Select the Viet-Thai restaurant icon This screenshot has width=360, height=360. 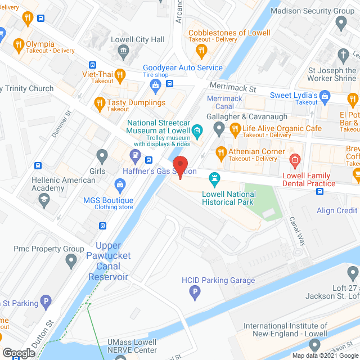click(x=120, y=74)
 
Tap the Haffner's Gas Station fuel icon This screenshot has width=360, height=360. click(x=135, y=155)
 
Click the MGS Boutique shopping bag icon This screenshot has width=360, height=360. click(x=120, y=184)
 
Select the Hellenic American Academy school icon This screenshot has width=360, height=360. click(x=43, y=199)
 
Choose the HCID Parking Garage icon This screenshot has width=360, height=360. click(x=195, y=291)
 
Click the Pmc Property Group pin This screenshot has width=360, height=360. click(x=71, y=260)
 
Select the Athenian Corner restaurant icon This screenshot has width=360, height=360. click(x=221, y=152)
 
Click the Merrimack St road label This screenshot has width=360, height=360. click(x=232, y=88)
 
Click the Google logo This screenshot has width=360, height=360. click(x=19, y=353)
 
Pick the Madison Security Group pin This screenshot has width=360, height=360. click(x=340, y=23)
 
